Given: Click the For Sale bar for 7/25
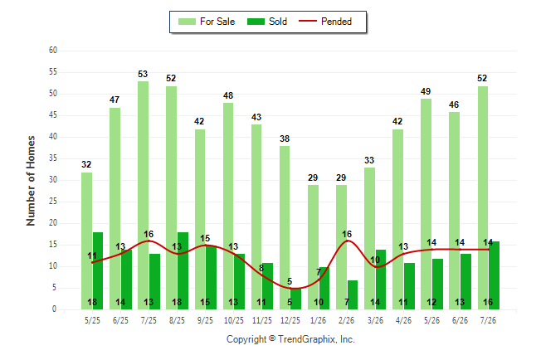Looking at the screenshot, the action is pyautogui.click(x=144, y=195).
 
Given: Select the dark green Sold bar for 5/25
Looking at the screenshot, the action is pyautogui.click(x=98, y=270).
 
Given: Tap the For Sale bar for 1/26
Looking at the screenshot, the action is pyautogui.click(x=313, y=247).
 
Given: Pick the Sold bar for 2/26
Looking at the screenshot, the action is pyautogui.click(x=353, y=294).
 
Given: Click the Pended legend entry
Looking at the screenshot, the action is pyautogui.click(x=325, y=22).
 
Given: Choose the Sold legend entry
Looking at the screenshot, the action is pyautogui.click(x=267, y=22).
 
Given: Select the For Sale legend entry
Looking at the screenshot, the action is pyautogui.click(x=207, y=22).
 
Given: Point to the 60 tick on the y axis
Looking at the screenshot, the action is pyautogui.click(x=53, y=51).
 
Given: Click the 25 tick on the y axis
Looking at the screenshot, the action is pyautogui.click(x=53, y=202).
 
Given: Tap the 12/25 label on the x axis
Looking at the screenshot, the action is pyautogui.click(x=290, y=320).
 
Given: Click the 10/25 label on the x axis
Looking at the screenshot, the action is pyautogui.click(x=234, y=320).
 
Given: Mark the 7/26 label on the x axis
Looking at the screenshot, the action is pyautogui.click(x=488, y=320).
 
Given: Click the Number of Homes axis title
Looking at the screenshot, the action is pyautogui.click(x=31, y=181).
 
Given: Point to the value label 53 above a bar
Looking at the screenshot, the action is pyautogui.click(x=143, y=74).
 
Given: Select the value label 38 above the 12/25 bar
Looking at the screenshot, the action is pyautogui.click(x=285, y=139).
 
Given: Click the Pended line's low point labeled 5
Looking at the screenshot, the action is pyautogui.click(x=290, y=289).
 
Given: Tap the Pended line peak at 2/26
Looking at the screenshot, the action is pyautogui.click(x=348, y=241).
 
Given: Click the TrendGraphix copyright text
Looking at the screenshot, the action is pyautogui.click(x=290, y=339).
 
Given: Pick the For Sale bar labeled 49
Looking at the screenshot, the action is pyautogui.click(x=426, y=204).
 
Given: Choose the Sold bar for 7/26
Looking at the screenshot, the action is pyautogui.click(x=494, y=275).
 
